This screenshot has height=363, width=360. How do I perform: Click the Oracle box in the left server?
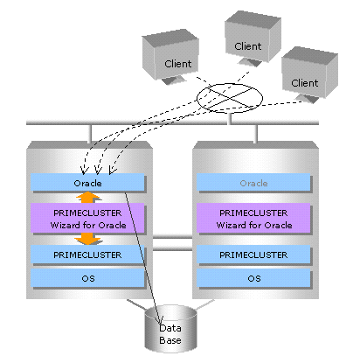[87, 182]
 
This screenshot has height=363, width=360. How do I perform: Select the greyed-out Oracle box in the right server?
[253, 182]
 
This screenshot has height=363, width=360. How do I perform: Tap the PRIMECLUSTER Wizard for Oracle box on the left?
[87, 218]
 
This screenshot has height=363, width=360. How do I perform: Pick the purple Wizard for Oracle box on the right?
[253, 218]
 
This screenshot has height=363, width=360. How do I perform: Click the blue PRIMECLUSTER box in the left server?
[87, 255]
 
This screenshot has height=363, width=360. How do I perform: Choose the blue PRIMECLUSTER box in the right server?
[253, 255]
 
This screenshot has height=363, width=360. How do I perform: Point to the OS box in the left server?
[87, 278]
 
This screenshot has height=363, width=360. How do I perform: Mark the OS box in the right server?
[253, 278]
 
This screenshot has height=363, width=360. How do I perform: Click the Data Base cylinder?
[170, 329]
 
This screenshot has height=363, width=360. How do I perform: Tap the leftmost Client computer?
[170, 57]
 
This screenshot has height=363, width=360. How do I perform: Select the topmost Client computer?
[253, 38]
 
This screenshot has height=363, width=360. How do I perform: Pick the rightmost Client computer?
[309, 74]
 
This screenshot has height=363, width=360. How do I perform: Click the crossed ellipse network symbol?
[230, 98]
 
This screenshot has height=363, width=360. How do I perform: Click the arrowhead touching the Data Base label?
[160, 320]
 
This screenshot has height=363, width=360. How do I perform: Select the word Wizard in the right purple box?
[232, 225]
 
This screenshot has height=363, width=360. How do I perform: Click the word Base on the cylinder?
[170, 340]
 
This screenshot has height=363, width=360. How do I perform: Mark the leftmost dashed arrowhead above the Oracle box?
[84, 170]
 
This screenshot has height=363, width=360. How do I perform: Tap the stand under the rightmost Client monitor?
[307, 99]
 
